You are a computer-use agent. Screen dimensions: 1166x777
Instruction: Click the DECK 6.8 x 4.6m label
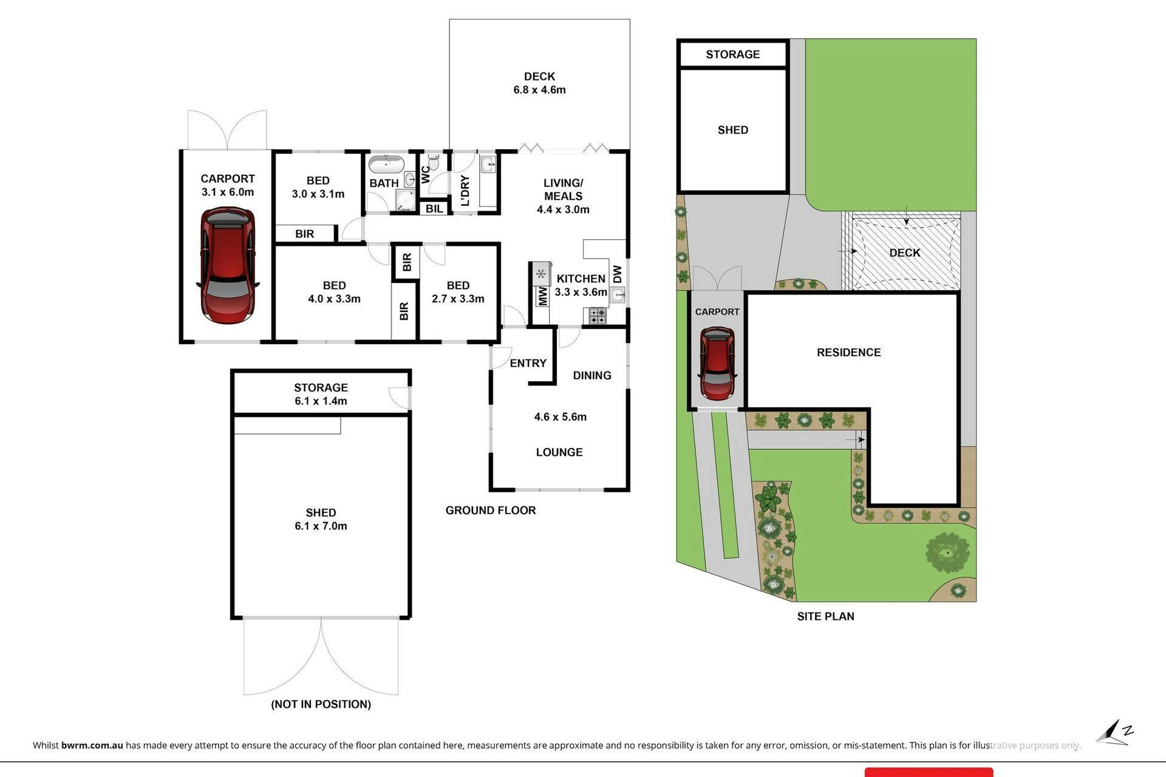pos(539,83)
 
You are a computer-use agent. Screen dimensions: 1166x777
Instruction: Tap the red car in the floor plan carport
pos(228,265)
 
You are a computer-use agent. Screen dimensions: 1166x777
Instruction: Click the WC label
pos(426,174)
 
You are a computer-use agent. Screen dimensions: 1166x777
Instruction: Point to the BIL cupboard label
pos(434,209)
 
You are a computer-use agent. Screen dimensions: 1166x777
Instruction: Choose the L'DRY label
pos(465,191)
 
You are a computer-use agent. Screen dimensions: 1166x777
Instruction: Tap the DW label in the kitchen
pos(617,274)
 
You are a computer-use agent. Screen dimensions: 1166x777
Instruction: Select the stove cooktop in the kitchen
pos(597,316)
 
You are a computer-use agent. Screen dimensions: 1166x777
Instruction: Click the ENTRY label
pos(528,363)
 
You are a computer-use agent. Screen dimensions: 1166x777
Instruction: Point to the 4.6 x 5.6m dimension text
pos(560,417)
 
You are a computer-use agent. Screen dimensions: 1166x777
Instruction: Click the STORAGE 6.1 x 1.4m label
pos(321,394)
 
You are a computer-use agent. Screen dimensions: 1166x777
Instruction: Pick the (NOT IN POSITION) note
pos(321,704)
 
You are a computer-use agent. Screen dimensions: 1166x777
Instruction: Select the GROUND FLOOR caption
pos(491,511)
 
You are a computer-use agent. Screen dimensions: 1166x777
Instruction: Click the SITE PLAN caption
pos(825,616)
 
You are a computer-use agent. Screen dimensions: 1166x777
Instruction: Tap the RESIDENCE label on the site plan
pos(848,353)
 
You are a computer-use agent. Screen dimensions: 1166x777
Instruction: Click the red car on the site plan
pos(717,363)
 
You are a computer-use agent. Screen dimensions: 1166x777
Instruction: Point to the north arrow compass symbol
pos(1115,733)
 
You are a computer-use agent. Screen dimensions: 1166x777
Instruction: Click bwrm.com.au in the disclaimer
pos(92,745)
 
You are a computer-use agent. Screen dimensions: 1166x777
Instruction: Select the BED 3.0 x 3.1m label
pos(318,187)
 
